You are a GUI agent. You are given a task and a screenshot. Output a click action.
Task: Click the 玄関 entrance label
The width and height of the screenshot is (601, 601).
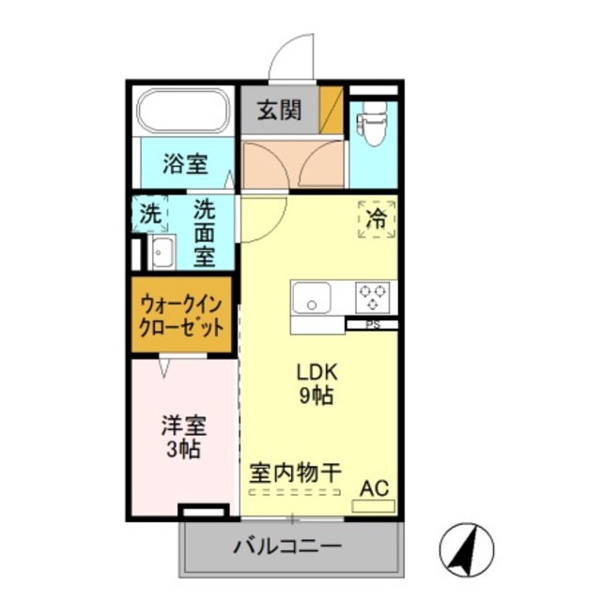click(280, 110)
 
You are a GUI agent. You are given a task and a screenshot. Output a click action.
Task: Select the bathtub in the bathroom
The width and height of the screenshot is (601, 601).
click(184, 113)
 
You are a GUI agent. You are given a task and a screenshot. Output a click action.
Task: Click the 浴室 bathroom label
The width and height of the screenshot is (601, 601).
click(184, 164)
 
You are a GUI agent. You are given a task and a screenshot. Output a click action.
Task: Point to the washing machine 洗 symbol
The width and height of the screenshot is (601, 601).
click(151, 212)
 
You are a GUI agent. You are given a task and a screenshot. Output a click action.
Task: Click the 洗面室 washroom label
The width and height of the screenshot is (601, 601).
click(204, 232)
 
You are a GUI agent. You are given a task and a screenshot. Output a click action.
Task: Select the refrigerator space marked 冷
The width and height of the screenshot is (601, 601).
click(376, 221)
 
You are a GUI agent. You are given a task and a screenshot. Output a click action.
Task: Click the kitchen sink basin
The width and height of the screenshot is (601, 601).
click(310, 299)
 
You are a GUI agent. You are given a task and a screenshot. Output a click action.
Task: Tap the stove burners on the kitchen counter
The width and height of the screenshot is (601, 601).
click(373, 297)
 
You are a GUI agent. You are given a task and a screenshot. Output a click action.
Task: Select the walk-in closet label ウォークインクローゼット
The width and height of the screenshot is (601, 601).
click(182, 316)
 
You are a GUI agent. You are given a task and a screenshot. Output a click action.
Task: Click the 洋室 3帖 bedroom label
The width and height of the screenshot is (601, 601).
click(183, 437)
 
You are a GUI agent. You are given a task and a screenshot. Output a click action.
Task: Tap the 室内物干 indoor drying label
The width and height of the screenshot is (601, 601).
click(294, 471)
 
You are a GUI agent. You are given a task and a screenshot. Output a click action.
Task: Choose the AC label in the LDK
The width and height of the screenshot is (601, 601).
click(374, 488)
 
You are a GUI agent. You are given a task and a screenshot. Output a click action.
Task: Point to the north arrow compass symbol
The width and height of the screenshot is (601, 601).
click(467, 550)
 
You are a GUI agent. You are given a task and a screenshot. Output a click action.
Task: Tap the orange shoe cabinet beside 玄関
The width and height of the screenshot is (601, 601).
click(331, 110)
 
